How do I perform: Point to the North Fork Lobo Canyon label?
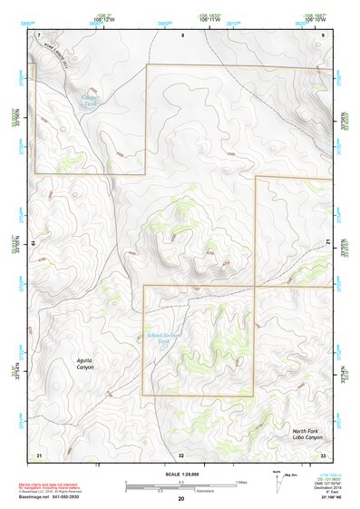(x=307, y=435)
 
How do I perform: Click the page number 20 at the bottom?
(x=180, y=499)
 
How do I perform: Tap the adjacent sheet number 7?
(x=39, y=34)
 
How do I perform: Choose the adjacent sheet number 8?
(x=181, y=34)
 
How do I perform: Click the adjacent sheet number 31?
(x=38, y=454)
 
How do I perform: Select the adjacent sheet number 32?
(x=181, y=454)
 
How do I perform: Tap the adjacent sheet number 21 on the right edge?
(x=328, y=242)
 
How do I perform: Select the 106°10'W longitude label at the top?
(x=315, y=20)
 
